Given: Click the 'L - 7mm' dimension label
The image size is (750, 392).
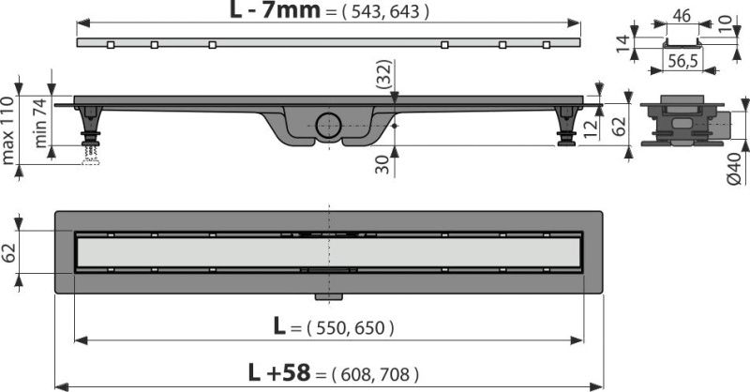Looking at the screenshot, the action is pos(275,10).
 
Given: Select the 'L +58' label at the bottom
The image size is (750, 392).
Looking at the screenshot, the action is pos(278,372).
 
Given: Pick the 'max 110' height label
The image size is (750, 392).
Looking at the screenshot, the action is pos(7,130).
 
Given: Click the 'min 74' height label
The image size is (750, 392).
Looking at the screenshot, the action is pos(40,123).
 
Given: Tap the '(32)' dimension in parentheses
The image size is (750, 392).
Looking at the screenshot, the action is pos(383,74).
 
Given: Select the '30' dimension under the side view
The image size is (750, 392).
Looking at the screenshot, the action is pos(382,163).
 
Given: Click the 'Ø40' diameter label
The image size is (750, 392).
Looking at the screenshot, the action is pos(734,169).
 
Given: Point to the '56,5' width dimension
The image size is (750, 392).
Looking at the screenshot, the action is pos(682,61).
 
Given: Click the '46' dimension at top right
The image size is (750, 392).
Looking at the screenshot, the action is pos(682,15).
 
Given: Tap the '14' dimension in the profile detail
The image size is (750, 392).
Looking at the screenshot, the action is pos(622,44).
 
